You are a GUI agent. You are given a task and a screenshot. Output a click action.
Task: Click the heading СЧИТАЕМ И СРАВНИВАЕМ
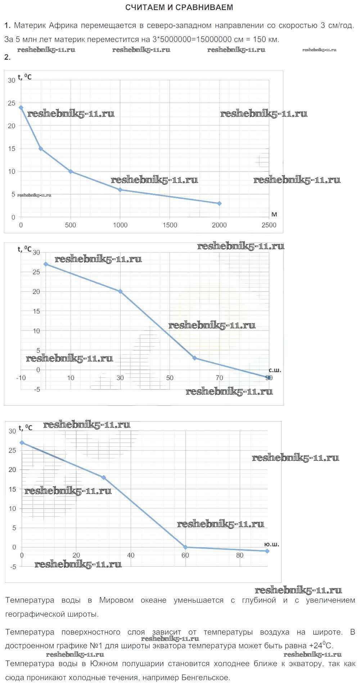click(179, 7)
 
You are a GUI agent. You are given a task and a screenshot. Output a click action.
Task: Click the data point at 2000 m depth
click(219, 203)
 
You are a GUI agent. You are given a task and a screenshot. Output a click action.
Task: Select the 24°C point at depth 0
click(21, 107)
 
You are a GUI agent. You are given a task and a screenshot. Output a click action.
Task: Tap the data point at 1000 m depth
click(120, 190)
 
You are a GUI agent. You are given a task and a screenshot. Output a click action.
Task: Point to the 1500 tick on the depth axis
click(170, 225)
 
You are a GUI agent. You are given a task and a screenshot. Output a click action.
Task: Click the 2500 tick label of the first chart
click(269, 225)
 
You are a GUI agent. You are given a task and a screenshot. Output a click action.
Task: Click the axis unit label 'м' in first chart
click(274, 215)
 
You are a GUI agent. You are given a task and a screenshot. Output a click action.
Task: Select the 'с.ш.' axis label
click(275, 370)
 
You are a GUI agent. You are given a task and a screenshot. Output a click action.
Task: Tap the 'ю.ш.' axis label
click(271, 544)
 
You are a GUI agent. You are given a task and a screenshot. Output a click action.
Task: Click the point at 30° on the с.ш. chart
click(120, 291)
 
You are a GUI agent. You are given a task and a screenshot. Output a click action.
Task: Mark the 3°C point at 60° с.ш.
click(194, 358)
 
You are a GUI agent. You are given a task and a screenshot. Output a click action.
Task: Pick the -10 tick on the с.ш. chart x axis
click(21, 378)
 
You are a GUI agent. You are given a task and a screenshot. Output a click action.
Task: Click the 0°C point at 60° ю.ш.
click(185, 547)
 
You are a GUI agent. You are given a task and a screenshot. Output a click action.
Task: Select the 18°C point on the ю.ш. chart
click(104, 477)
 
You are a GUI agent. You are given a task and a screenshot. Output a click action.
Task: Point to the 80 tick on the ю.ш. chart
click(240, 555)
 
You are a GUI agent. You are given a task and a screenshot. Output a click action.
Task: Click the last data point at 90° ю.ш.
click(267, 551)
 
